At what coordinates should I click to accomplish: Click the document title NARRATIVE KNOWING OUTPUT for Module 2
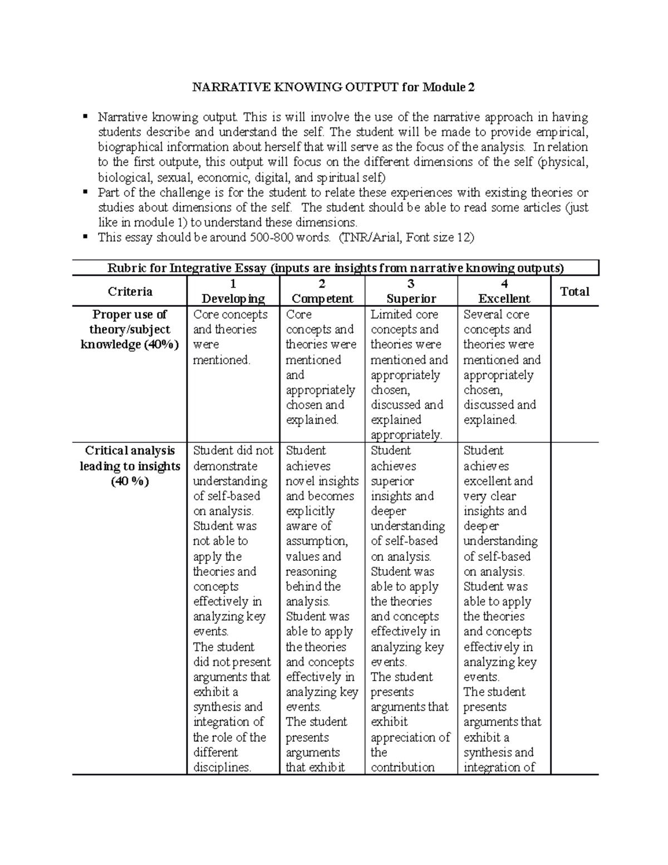[x=333, y=87]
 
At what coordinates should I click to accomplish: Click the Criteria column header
[x=130, y=291]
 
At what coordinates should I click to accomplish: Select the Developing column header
[x=233, y=299]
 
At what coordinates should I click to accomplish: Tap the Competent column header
[x=322, y=299]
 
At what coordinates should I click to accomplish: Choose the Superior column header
[x=411, y=299]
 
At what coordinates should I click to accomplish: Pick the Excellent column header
[x=504, y=299]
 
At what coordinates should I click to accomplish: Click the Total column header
[x=574, y=291]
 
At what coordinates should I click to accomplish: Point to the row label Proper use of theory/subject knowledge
[x=130, y=329]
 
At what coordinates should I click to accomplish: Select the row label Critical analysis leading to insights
[x=130, y=466]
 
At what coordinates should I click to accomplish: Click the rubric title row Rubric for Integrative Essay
[x=335, y=268]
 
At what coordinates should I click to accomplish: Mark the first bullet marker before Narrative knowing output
[x=85, y=116]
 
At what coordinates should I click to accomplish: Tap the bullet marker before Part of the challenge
[x=85, y=192]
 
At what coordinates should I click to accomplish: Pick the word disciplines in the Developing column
[x=222, y=768]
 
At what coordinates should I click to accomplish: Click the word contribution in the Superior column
[x=402, y=768]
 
